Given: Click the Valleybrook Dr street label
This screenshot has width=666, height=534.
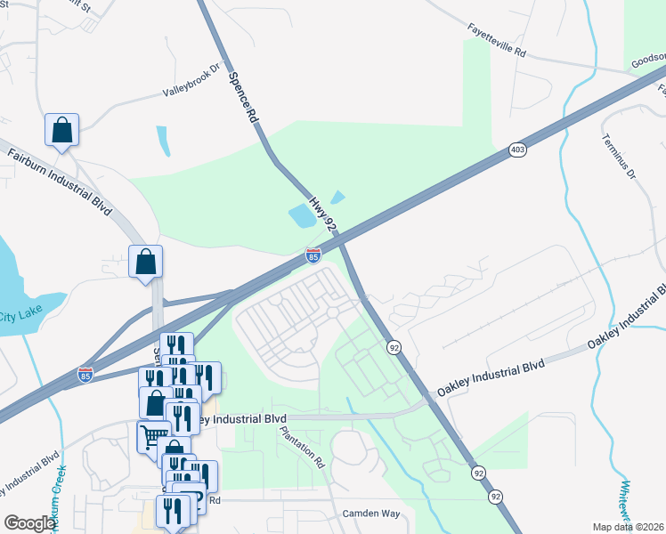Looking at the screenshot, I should click(x=191, y=80).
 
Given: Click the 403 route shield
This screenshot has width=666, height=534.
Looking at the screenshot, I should click(x=517, y=150).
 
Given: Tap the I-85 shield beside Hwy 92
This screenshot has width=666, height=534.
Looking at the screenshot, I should click(x=313, y=255).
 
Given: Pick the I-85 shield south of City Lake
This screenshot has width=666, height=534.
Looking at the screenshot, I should click(x=85, y=375).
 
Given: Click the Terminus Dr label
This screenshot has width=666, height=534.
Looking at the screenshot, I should click(x=617, y=157).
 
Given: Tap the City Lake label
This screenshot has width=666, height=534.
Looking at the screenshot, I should click(x=19, y=316).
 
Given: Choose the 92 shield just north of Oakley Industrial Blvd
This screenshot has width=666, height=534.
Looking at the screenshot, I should click(x=393, y=346).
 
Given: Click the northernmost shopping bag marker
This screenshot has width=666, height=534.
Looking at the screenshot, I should click(x=61, y=130).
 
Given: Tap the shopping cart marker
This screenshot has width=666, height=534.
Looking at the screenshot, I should click(x=152, y=437).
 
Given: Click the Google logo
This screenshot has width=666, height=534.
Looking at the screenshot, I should click(x=29, y=523).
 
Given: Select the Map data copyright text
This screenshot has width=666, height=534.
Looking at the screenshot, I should click(x=629, y=526).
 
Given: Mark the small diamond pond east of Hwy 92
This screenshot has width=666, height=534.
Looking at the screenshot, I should click(x=337, y=197).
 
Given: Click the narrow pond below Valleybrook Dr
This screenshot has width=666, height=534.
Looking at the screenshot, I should click(x=163, y=141).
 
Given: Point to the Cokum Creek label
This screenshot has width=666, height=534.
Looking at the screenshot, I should click(x=56, y=498).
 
